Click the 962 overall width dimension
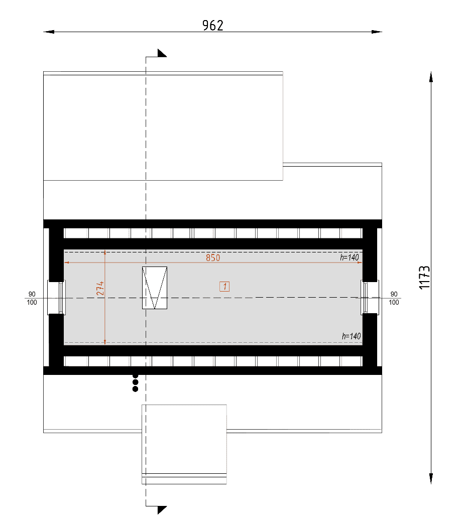(213, 26)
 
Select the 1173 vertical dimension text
(424, 277)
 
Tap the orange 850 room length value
(213, 258)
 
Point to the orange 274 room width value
(100, 289)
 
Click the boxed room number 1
(224, 287)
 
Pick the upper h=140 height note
(350, 257)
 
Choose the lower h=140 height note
(352, 336)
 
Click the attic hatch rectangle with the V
(155, 288)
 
